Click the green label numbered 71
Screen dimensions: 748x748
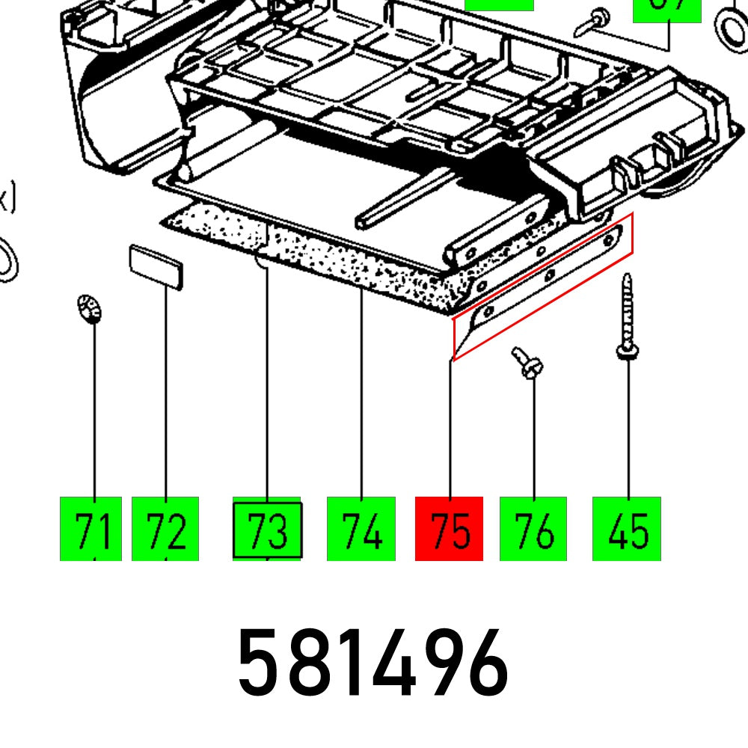click(x=91, y=528)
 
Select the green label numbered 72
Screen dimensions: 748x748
click(x=165, y=528)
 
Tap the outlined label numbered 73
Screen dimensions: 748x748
click(x=268, y=530)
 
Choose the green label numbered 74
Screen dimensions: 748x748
click(x=361, y=528)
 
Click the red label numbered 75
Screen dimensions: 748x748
click(x=449, y=528)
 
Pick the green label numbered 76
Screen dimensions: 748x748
click(x=533, y=528)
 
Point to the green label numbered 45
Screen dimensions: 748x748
click(x=627, y=528)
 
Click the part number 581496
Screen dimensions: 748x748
click(x=373, y=663)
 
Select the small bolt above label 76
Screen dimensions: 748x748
click(x=529, y=364)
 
